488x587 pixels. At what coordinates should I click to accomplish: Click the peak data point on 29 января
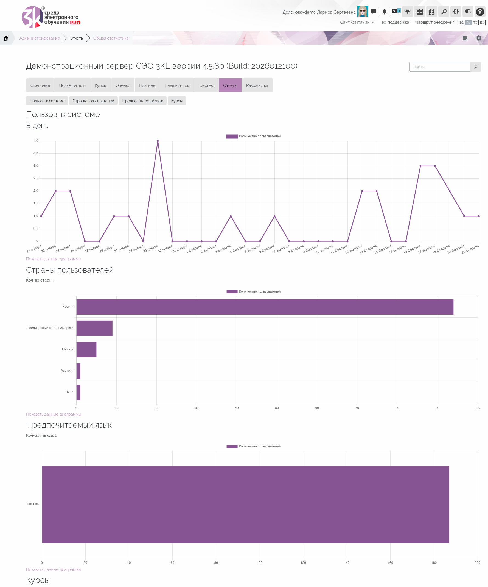(158, 141)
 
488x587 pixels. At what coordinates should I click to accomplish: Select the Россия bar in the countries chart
(265, 307)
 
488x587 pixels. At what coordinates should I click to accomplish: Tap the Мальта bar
(86, 349)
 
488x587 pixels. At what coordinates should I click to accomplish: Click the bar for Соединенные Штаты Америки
(94, 328)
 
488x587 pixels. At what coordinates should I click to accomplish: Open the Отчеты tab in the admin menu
(230, 85)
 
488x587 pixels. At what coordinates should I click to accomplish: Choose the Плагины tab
(147, 85)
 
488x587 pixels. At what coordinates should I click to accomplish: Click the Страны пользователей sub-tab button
(93, 101)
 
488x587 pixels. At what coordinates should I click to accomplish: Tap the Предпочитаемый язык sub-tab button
(142, 101)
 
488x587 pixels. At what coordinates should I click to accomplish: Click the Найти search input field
(440, 67)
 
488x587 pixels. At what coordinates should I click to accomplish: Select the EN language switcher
(482, 23)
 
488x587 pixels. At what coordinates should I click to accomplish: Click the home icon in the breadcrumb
(6, 38)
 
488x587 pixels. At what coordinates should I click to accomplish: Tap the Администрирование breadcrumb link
(40, 38)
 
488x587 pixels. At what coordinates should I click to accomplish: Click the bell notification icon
(384, 12)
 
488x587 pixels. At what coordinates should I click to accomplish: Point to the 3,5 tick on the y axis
(36, 153)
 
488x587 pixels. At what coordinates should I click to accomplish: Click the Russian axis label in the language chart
(33, 504)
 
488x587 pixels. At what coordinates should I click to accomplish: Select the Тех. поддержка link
(394, 22)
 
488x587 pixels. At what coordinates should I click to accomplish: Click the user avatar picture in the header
(362, 12)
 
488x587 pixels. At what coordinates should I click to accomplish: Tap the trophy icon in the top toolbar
(408, 12)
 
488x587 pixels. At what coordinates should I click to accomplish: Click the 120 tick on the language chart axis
(303, 563)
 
